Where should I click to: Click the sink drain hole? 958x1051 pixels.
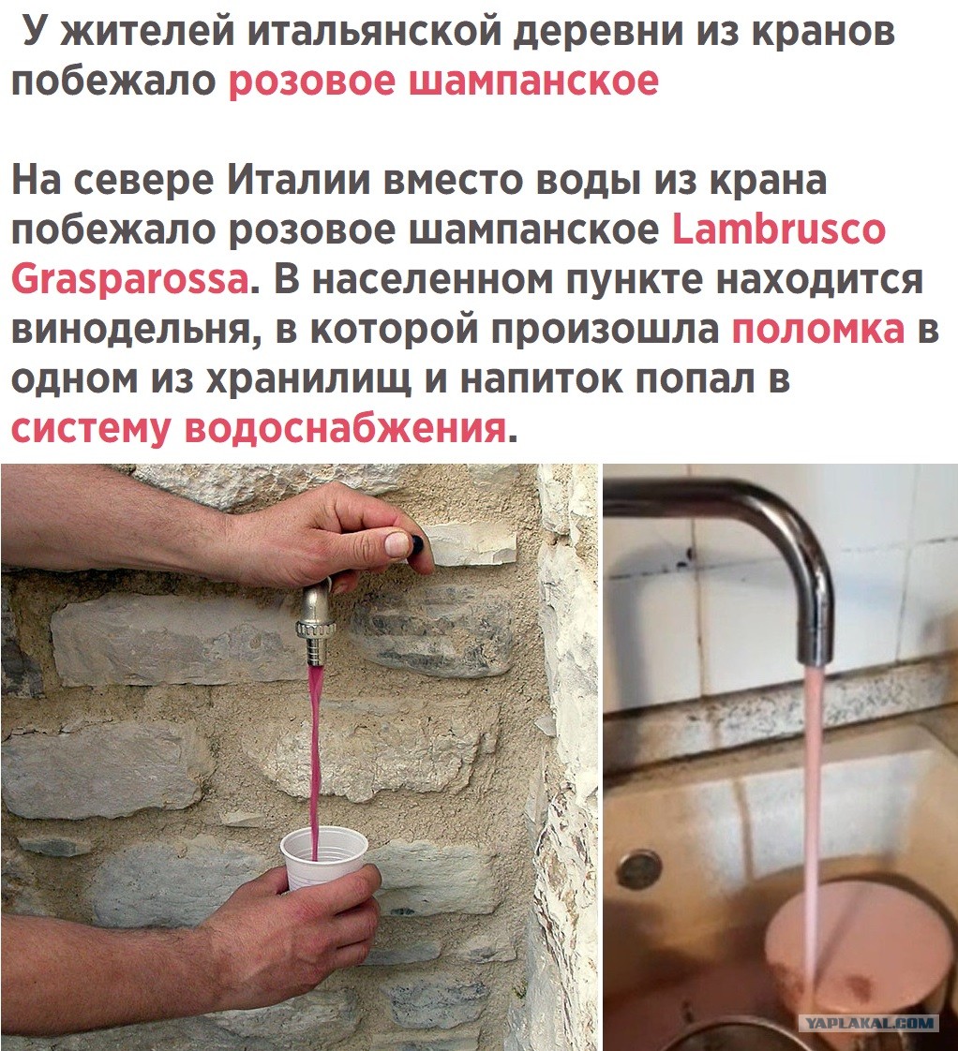click(638, 868)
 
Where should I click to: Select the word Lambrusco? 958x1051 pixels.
click(779, 229)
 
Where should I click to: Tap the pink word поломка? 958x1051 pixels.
click(817, 329)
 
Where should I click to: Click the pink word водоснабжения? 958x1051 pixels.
click(346, 428)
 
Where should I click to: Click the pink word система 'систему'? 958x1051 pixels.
click(91, 430)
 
